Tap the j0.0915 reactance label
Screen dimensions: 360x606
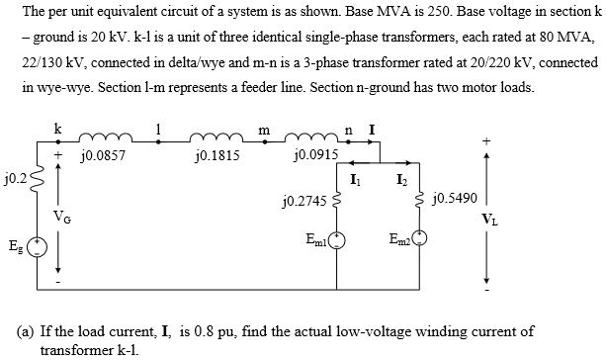tap(316, 155)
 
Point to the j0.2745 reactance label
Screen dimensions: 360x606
tap(303, 202)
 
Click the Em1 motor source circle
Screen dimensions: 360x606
tap(337, 237)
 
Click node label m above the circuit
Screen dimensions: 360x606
tap(263, 128)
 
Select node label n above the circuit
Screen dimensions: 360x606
tap(349, 128)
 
